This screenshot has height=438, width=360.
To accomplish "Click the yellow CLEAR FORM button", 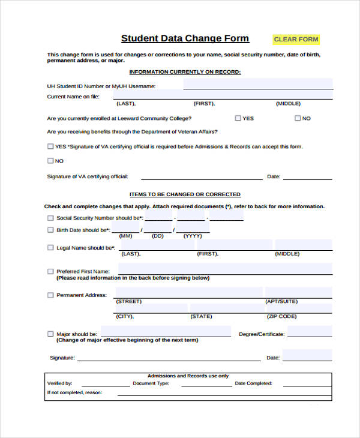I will click(296, 40).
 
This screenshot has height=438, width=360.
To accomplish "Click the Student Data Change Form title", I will click(185, 38).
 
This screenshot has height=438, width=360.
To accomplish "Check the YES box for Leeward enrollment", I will click(238, 118).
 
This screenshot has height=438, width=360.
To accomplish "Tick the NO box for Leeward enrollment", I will click(298, 118).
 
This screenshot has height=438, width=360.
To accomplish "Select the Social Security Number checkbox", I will click(50, 218).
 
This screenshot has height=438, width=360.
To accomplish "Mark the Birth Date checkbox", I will click(50, 230).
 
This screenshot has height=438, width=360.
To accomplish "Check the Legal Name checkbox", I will click(50, 247).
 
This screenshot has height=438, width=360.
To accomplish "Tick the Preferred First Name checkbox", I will click(50, 271).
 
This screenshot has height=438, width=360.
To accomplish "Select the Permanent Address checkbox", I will click(50, 295).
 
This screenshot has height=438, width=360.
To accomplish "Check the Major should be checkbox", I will click(50, 334).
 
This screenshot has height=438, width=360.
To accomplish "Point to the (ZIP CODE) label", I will click(282, 316).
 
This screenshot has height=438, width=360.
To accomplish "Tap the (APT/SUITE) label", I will click(281, 301).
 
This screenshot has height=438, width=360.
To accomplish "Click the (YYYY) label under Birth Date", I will click(193, 236).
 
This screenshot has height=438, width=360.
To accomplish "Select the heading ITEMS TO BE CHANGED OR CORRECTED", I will click(185, 194).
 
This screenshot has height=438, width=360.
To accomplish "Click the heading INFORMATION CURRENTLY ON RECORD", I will click(185, 72).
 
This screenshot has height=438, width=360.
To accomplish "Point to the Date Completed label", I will click(253, 383).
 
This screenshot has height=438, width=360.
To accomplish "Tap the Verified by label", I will click(59, 383).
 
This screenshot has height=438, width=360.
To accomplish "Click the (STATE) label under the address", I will click(201, 316).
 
